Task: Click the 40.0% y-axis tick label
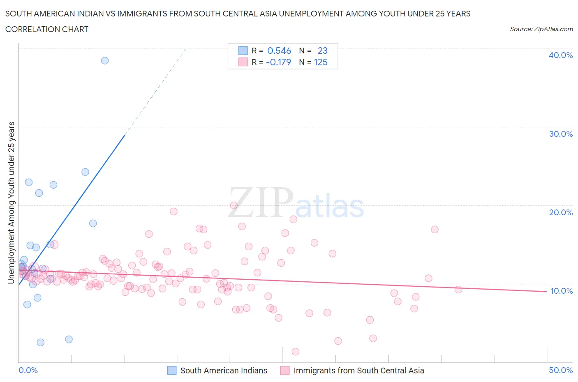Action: click(560, 55)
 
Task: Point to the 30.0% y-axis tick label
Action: click(560, 134)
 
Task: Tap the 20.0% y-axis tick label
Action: click(560, 212)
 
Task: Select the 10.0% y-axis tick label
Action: click(561, 291)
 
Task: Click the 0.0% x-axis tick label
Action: click(28, 370)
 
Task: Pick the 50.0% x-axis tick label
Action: click(561, 370)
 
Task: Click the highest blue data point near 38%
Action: click(105, 60)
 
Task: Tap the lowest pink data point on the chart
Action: click(295, 352)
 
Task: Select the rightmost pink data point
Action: click(458, 290)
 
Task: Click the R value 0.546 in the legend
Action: click(279, 51)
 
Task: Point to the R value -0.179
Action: click(278, 62)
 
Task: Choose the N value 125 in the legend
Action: click(321, 62)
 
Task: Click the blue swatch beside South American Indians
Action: click(172, 370)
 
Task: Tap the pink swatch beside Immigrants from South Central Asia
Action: click(285, 370)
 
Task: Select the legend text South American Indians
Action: click(224, 370)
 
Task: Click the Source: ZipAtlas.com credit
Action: click(541, 29)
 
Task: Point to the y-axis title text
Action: click(11, 203)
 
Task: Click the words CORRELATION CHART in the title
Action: click(47, 29)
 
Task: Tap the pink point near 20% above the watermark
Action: click(234, 205)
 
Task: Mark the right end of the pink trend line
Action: click(547, 291)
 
